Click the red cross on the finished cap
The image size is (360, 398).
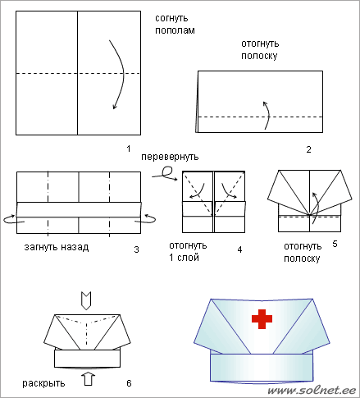point(262,319)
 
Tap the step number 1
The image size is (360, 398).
point(129,149)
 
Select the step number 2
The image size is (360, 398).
point(308,149)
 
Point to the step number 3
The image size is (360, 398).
point(136,249)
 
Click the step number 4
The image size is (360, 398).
point(239,249)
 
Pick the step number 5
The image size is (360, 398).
point(335,244)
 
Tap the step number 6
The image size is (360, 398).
point(129,383)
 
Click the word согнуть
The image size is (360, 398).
point(171,18)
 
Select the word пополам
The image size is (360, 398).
point(175,30)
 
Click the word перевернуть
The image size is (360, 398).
point(170,157)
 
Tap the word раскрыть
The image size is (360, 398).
point(43,383)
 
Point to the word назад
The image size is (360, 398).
point(75,247)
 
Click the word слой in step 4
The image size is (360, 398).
point(188,258)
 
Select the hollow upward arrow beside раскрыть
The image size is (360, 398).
point(89,378)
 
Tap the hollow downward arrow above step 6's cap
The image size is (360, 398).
point(86,300)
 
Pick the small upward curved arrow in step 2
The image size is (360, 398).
point(267,115)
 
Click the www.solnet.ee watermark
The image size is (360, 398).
point(312,390)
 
